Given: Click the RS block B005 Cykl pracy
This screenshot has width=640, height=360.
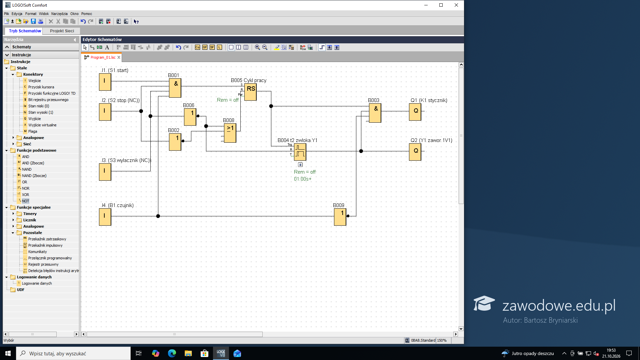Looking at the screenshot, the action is coord(251,92).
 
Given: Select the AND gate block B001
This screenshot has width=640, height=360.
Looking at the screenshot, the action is coord(175,88).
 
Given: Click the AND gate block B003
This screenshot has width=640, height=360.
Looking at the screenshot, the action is coord(375,113).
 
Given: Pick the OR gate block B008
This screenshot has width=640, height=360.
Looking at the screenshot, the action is coord(230,133).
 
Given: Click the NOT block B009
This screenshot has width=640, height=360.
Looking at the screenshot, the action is coord(340,217).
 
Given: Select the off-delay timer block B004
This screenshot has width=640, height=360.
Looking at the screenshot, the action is coord(300,152).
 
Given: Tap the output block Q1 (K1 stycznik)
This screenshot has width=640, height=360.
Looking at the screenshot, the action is coord(415,112).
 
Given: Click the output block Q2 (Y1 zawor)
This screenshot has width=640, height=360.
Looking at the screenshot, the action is coord(415,152).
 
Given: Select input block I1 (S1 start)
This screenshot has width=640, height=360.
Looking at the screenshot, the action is coord(105,82).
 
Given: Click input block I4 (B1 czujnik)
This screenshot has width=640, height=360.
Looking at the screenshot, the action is coord(105,217).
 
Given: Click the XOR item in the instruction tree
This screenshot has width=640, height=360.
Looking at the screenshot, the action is coord(26,195).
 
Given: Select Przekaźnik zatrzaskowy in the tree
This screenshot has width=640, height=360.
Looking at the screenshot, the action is coord(47,239).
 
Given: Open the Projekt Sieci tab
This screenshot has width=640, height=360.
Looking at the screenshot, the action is coord(62,31).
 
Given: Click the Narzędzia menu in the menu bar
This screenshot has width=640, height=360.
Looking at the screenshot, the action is coord(59,14).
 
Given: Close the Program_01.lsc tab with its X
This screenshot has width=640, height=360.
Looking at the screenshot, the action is coord(119,57).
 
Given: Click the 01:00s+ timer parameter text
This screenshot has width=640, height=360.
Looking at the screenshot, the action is coord(303,179).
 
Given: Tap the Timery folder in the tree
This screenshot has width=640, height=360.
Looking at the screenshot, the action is coord(30,214).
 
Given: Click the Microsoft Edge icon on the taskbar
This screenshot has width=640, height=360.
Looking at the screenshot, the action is coord(172,353).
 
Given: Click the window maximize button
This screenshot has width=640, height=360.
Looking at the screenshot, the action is coord(441,5).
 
